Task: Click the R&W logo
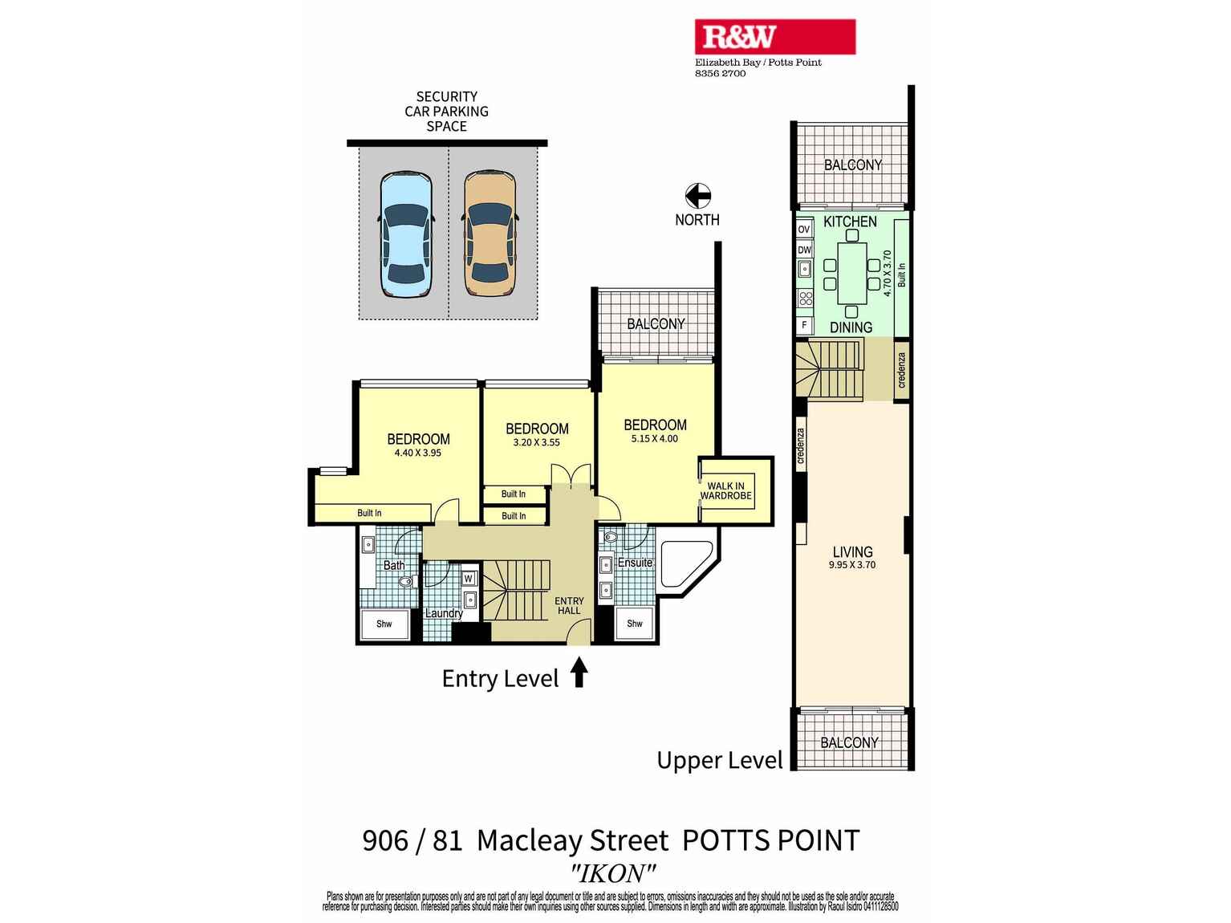pos(774,37)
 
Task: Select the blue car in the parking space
pos(406,234)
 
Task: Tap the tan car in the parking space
pos(490,234)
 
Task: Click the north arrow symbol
pos(697,195)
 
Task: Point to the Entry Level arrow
pos(579,673)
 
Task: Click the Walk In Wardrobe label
pos(725,491)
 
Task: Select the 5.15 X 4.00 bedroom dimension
pos(655,439)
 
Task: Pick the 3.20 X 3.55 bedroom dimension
pos(537,442)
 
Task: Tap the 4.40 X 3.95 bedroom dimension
pos(417,453)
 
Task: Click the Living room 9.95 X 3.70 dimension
pos(852,565)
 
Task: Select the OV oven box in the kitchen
pos(804,230)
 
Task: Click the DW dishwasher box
pos(804,250)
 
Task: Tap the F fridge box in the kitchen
pos(804,325)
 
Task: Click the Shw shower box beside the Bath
pos(384,624)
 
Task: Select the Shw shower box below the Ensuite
pos(635,624)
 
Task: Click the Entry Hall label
pos(569,606)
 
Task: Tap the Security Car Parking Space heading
pos(446,112)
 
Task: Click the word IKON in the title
pos(613,872)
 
